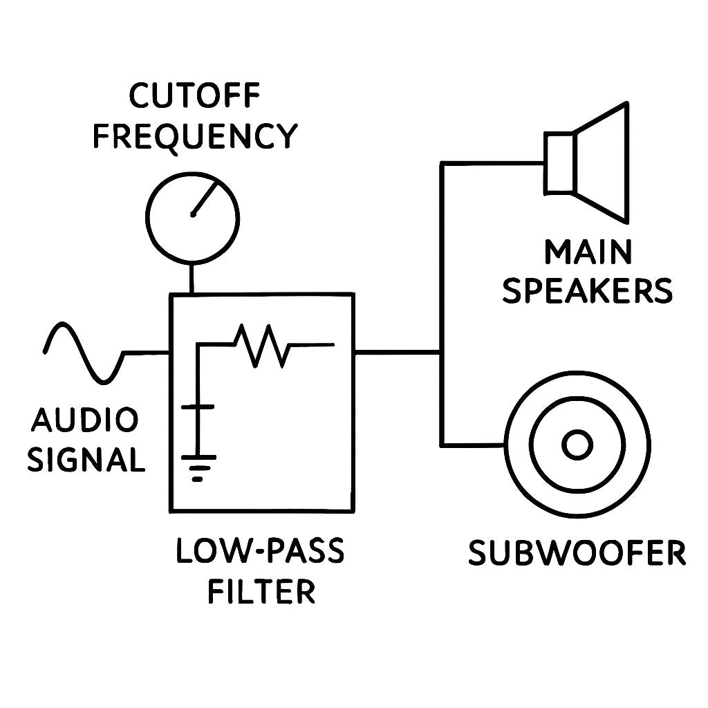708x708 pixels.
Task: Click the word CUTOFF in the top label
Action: (194, 97)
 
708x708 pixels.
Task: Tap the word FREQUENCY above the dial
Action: (194, 136)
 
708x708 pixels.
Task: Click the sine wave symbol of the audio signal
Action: (83, 352)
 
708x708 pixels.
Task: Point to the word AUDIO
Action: (85, 420)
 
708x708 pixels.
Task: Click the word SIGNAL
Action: (86, 459)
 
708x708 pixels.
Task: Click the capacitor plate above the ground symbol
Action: (198, 408)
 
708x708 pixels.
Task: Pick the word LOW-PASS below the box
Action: (260, 552)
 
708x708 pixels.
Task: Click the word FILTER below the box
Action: (261, 592)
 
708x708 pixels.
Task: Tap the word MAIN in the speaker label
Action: (588, 252)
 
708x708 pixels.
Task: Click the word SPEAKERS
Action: (587, 291)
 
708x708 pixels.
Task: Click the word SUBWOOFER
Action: (577, 554)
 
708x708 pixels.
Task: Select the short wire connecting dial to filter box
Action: (192, 280)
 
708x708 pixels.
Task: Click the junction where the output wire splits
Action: (442, 352)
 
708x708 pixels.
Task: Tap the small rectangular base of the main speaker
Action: (559, 163)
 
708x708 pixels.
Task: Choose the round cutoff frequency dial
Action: (192, 217)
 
